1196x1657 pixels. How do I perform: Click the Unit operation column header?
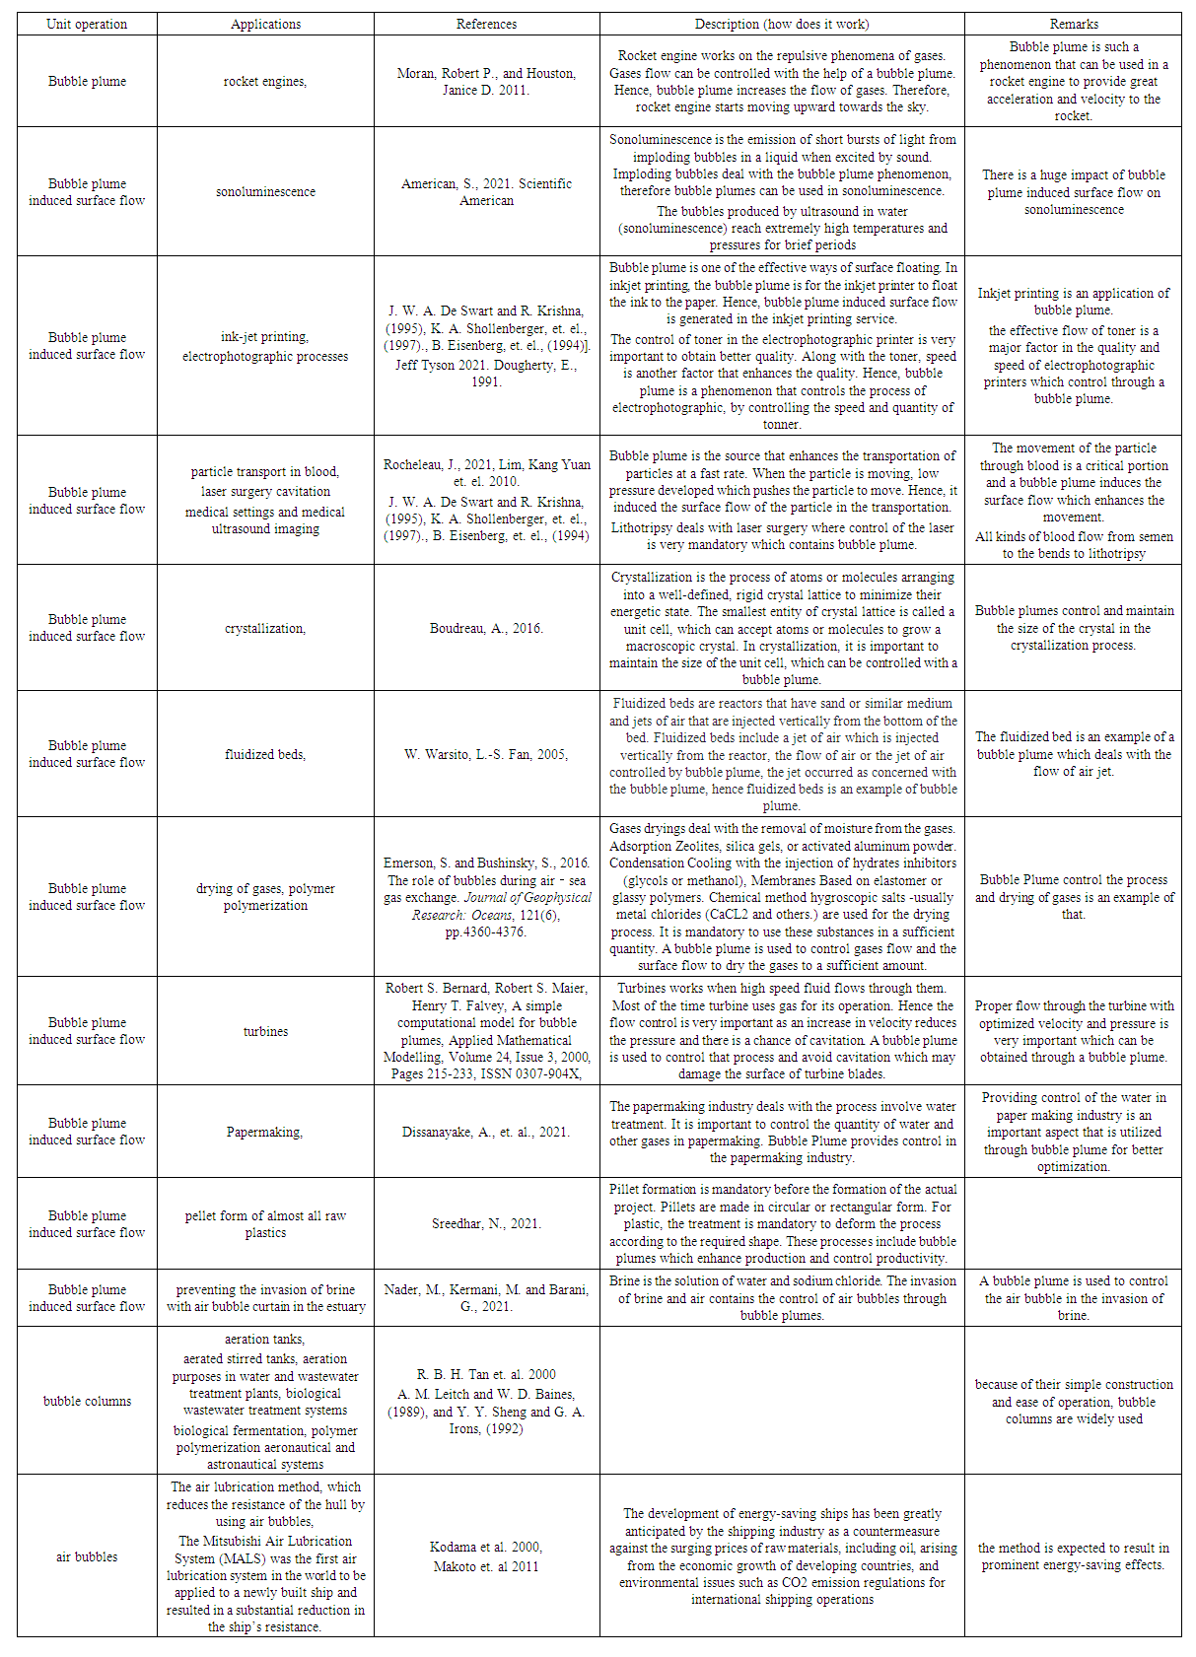pyautogui.click(x=87, y=24)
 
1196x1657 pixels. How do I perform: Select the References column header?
pyautogui.click(x=486, y=24)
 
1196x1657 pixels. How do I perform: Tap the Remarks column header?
pyautogui.click(x=1073, y=24)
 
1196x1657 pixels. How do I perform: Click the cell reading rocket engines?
pyautogui.click(x=264, y=82)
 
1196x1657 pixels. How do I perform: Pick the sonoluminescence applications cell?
pyautogui.click(x=265, y=192)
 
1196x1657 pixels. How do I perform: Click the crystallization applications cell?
pyautogui.click(x=264, y=628)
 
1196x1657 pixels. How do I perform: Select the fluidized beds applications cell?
pyautogui.click(x=264, y=754)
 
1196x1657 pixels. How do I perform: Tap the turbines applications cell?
pyautogui.click(x=265, y=1031)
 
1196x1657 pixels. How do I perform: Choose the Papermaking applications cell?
pyautogui.click(x=264, y=1132)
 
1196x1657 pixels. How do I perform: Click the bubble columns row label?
pyautogui.click(x=87, y=1401)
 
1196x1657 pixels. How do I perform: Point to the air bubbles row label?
pyautogui.click(x=87, y=1556)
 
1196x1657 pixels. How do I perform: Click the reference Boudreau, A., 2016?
pyautogui.click(x=486, y=628)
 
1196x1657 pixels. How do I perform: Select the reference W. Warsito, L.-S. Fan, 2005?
pyautogui.click(x=486, y=754)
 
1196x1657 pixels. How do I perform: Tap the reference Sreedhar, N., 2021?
pyautogui.click(x=486, y=1223)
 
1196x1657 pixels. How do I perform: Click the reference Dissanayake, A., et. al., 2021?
pyautogui.click(x=486, y=1132)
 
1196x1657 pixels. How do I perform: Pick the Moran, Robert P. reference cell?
pyautogui.click(x=486, y=82)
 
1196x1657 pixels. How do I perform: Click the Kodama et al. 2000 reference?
pyautogui.click(x=486, y=1547)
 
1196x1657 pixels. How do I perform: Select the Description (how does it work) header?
pyautogui.click(x=782, y=24)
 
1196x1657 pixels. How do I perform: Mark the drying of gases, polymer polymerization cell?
pyautogui.click(x=265, y=897)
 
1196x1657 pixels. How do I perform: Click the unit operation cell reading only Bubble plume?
pyautogui.click(x=87, y=82)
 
